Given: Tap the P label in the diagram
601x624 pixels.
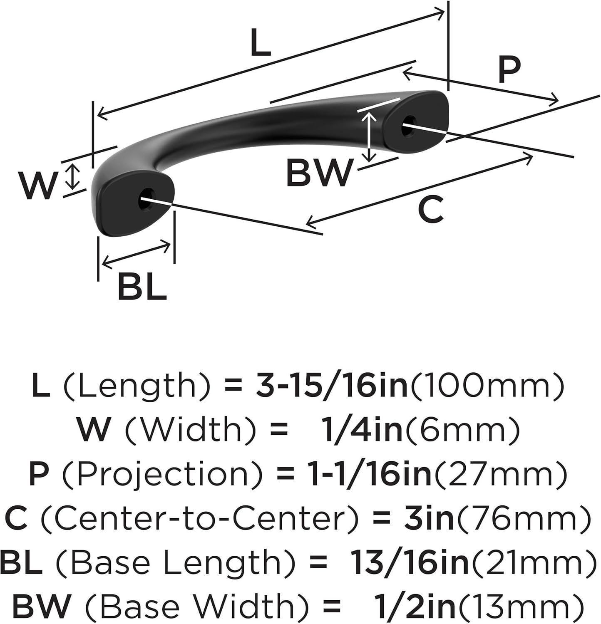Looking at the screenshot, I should (x=509, y=71).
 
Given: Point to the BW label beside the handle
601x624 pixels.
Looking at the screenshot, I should (x=319, y=173).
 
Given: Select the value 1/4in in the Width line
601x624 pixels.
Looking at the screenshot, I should (x=362, y=430).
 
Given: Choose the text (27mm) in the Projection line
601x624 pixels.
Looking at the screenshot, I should (x=501, y=475).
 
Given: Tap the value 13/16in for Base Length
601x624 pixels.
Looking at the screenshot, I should (x=410, y=563).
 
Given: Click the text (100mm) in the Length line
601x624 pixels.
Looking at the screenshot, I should (x=487, y=385).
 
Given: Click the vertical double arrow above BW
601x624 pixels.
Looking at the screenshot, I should (x=368, y=137).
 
